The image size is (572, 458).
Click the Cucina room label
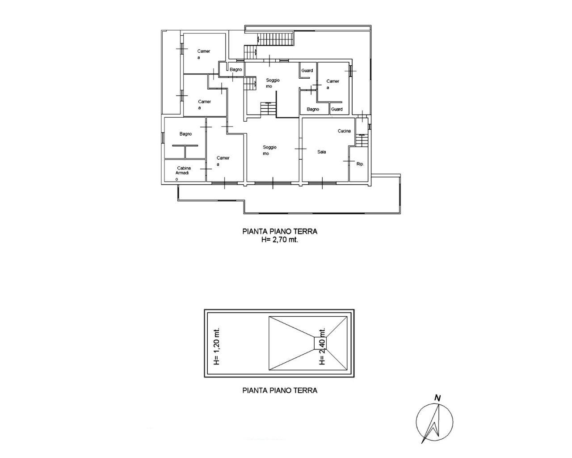click(344, 131)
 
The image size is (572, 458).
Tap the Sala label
click(322, 152)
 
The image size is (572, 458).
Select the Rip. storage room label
click(360, 164)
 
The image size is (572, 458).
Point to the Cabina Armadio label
click(183, 173)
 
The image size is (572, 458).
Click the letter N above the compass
click(437, 399)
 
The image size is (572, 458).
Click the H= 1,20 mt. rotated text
click(217, 346)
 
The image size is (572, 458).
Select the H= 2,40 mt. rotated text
click(322, 346)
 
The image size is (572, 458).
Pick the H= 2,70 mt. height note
click(280, 240)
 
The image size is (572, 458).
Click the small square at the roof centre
click(320, 343)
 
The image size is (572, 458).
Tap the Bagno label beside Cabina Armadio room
click(185, 134)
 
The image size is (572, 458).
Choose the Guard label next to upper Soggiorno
click(307, 71)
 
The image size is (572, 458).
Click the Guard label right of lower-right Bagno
click(337, 109)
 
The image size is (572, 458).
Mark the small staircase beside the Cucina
click(362, 140)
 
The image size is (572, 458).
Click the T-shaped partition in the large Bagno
click(185, 151)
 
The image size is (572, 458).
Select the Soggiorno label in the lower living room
click(269, 150)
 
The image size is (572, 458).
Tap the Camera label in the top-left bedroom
click(204, 54)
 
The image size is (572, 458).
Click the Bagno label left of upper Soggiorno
click(236, 69)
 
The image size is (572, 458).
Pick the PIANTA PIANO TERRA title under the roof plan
click(280, 390)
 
